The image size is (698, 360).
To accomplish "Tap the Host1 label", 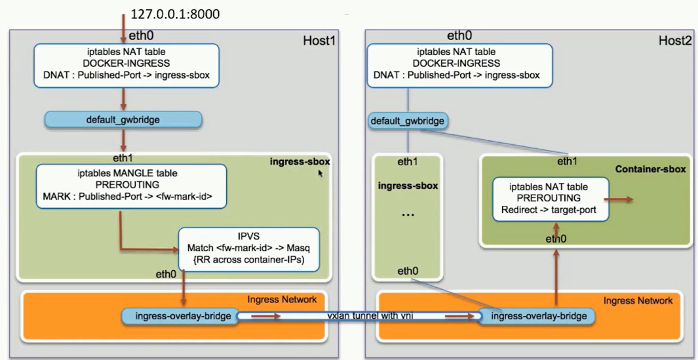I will coord(319,41).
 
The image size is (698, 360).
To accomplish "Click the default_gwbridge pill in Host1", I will coord(123,120).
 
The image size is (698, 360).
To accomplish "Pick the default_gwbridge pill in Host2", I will coord(408,121).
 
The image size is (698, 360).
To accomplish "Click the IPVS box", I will coord(248,250).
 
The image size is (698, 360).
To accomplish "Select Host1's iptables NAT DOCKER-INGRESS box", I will coord(126,64).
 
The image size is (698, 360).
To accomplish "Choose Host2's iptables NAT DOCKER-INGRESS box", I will coord(457,64).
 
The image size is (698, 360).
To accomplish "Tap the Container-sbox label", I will coord(650,169).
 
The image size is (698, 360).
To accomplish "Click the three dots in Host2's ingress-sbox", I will coord(408,215).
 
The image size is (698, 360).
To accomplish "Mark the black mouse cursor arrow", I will coord(321,174).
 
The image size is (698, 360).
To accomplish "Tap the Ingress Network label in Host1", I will coord(282,300).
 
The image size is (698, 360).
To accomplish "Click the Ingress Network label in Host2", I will coord(638,300).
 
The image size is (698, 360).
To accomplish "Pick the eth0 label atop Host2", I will coord(459,36).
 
